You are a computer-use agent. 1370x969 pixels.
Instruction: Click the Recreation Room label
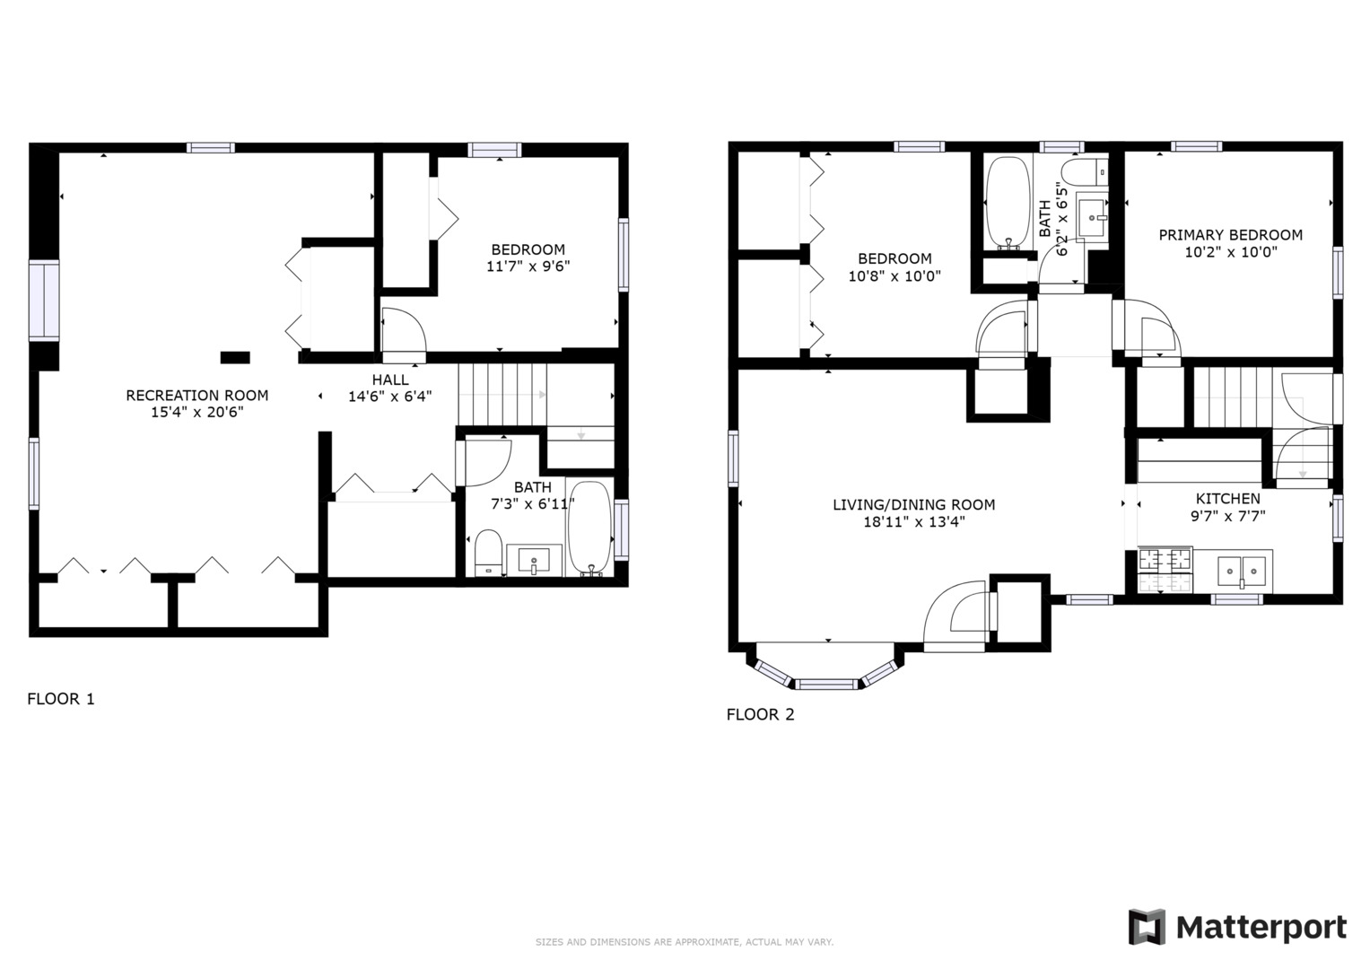point(196,395)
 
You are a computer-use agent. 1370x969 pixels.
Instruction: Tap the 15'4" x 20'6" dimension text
point(196,413)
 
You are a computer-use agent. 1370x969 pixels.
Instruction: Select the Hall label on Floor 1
point(390,380)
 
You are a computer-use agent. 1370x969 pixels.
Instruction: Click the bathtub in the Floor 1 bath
point(589,528)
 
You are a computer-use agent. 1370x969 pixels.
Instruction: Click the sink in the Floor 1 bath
point(534,561)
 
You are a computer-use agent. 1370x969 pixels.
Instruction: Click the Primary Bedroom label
point(1230,235)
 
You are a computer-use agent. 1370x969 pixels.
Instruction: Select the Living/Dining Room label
point(913,505)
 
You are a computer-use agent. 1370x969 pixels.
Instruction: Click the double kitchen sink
point(1243,570)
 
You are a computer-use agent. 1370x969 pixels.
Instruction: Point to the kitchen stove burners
point(1165,570)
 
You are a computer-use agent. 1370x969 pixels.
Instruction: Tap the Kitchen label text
point(1227,499)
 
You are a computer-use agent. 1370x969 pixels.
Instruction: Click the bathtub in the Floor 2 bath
point(1008,204)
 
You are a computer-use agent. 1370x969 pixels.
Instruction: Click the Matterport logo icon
point(1146,927)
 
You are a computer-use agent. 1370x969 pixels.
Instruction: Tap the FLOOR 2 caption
point(760,715)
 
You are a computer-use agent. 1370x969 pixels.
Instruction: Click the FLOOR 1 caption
point(61,699)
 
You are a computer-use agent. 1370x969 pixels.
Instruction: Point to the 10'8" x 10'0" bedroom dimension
point(894,276)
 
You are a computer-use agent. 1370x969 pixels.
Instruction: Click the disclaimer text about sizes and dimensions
point(684,942)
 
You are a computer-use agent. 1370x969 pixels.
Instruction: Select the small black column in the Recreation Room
point(235,357)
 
